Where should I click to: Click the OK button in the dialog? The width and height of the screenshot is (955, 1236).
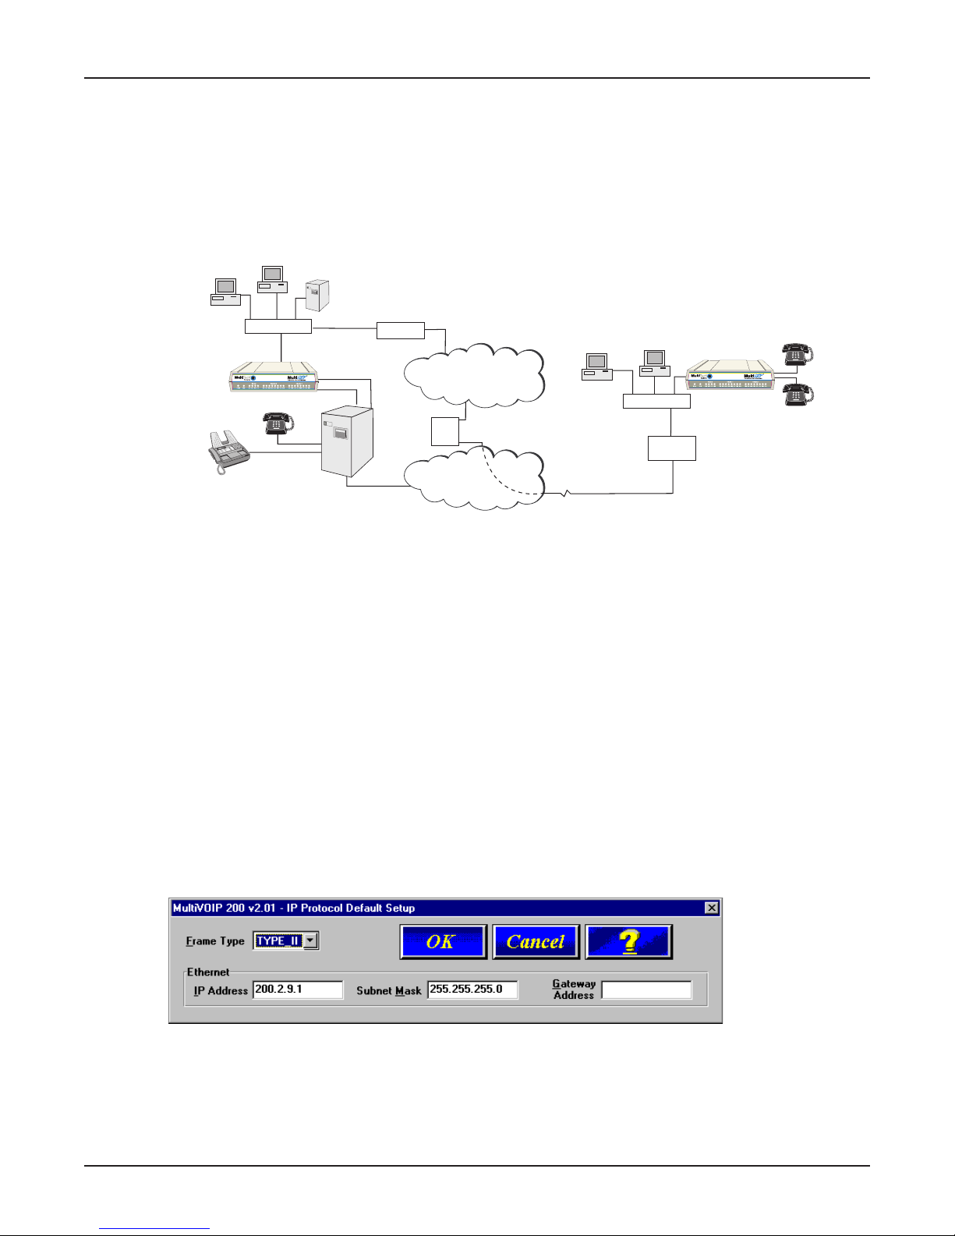(443, 941)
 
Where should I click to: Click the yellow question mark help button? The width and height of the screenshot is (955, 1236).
(628, 941)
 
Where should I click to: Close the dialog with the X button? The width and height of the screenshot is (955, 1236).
(711, 908)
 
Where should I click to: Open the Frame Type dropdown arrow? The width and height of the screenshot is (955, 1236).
(310, 940)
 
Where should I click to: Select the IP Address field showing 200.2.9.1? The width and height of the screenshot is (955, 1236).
(298, 990)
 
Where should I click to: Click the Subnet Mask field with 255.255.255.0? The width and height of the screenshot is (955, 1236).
(472, 990)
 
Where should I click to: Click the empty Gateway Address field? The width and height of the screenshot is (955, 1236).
(646, 990)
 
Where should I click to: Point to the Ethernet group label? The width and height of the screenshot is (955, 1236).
(208, 972)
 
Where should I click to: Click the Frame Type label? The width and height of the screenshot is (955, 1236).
(215, 941)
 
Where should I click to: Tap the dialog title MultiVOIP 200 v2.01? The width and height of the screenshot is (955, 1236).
(293, 908)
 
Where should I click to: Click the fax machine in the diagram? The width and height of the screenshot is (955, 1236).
(228, 452)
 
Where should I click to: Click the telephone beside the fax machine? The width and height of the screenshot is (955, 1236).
(278, 423)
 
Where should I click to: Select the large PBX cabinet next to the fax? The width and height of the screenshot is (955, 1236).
(347, 441)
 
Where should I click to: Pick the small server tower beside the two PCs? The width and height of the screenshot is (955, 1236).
(317, 296)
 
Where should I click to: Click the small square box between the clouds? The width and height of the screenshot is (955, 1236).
(444, 431)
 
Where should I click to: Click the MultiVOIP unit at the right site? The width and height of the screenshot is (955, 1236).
(730, 375)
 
